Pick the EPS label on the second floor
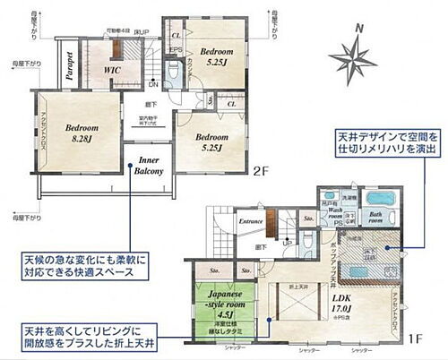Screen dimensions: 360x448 (177, 50)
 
